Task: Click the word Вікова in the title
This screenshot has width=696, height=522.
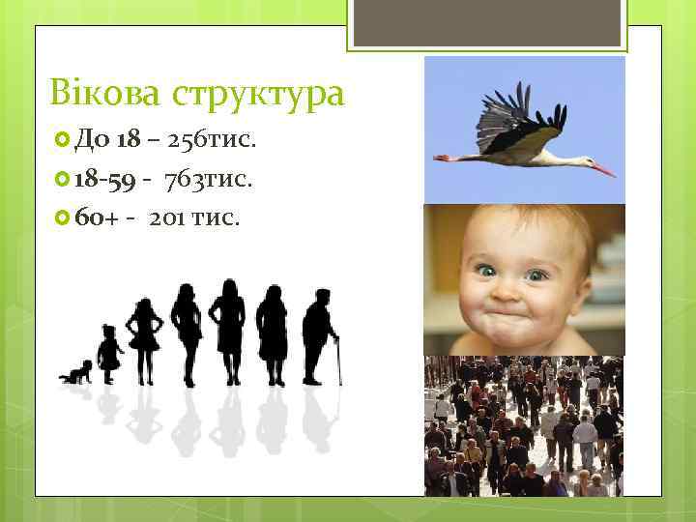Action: (x=105, y=94)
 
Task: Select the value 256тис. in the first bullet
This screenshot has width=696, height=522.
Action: (x=212, y=142)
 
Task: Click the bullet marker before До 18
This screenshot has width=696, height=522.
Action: (x=65, y=142)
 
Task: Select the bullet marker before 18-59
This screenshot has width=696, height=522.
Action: (x=65, y=179)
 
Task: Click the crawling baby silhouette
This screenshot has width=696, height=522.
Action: (x=76, y=372)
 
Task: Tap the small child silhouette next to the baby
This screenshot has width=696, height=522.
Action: (x=109, y=350)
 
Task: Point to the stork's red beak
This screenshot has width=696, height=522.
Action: (x=601, y=170)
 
